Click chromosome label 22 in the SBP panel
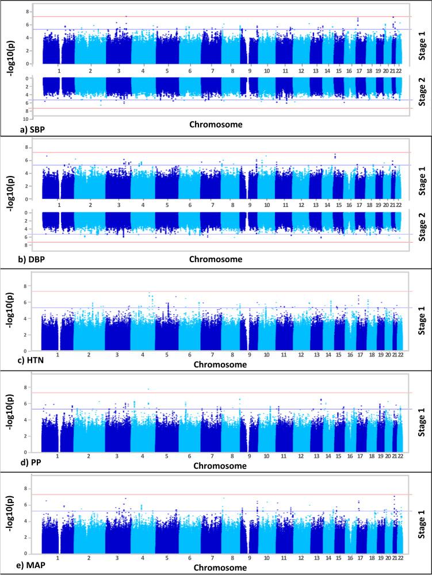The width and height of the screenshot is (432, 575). [x=399, y=71]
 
